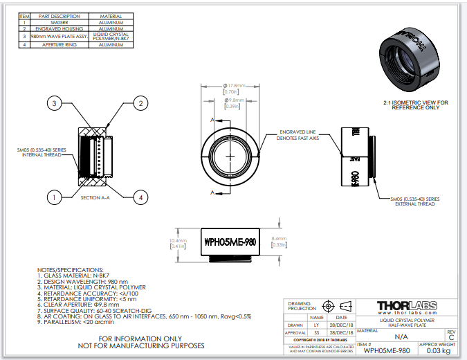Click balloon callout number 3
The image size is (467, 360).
coord(55,103)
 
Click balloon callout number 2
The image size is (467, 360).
coord(140,103)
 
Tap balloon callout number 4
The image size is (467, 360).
coord(140,198)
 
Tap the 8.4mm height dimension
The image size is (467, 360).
coord(280,240)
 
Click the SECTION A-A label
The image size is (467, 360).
coord(95,198)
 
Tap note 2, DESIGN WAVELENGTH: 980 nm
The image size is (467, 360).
coord(83,282)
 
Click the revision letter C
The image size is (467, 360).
coord(452,338)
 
